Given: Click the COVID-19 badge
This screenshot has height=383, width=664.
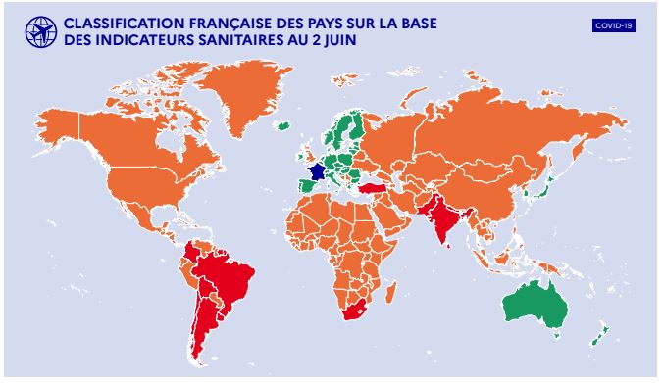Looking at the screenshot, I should point(615,25).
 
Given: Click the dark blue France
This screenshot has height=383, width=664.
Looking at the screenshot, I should point(316,171).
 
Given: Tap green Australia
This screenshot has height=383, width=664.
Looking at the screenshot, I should point(535,304).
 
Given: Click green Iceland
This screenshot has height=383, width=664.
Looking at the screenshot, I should point(283,125).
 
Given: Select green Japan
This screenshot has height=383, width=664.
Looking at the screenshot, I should point(546,186).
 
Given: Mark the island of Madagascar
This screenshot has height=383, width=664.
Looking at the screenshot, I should point(392,290).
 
